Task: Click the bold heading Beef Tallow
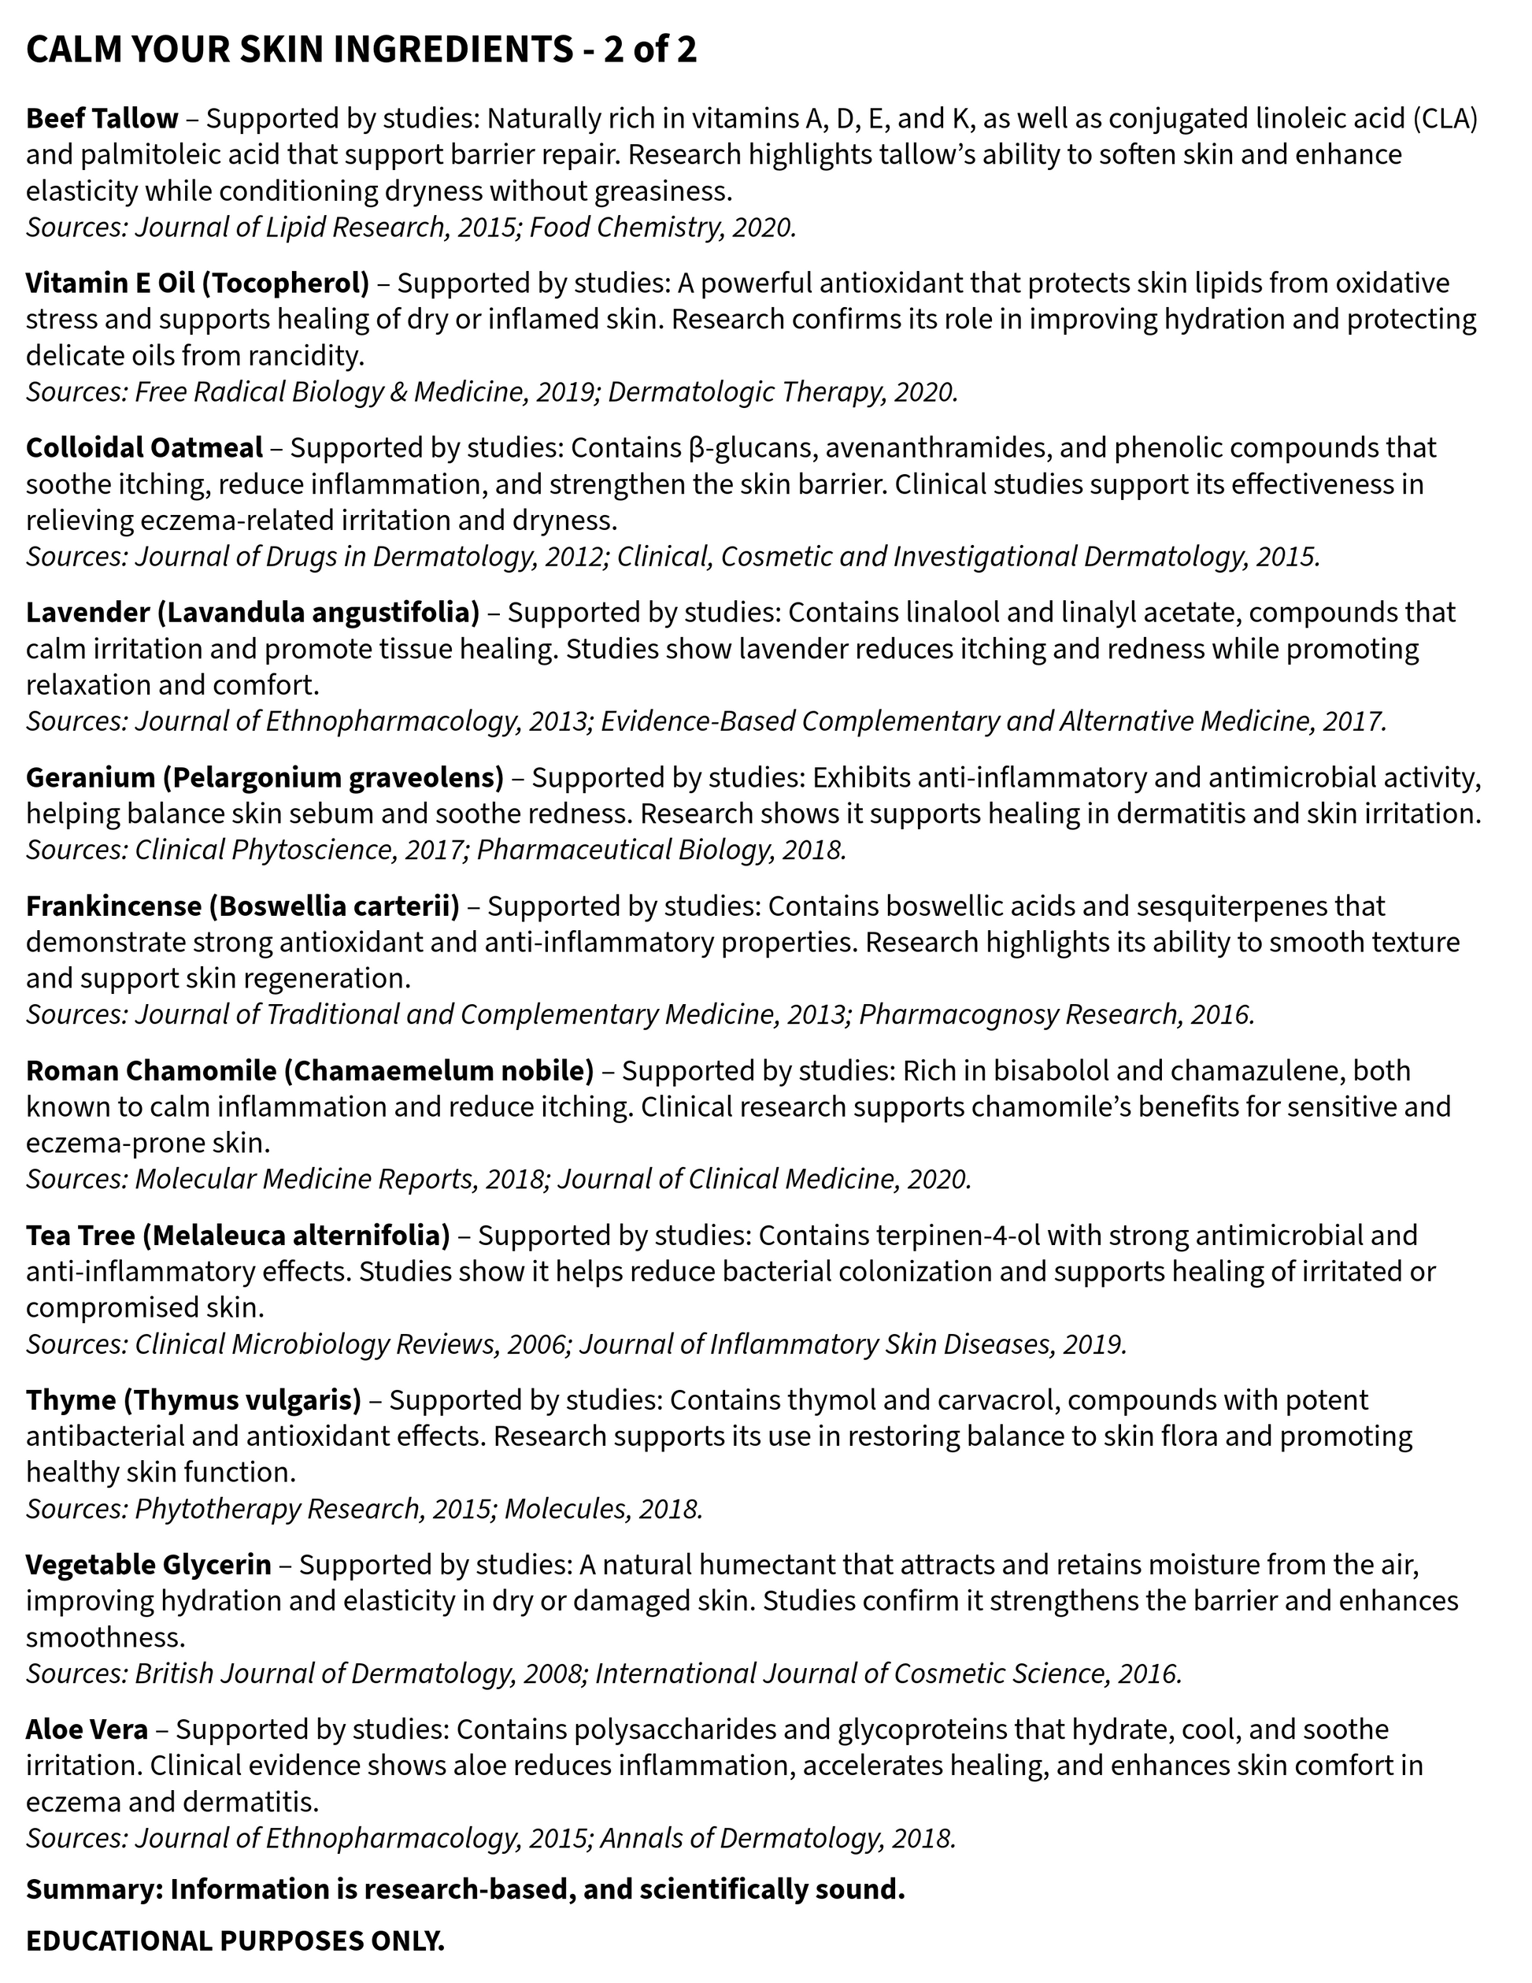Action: pos(102,119)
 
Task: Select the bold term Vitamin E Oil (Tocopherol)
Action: pos(197,284)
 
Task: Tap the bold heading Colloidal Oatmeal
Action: pos(143,447)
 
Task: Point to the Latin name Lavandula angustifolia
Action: pos(317,613)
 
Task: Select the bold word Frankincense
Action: pos(113,906)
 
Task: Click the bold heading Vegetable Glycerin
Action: pos(148,1564)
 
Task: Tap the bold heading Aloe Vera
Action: pos(87,1729)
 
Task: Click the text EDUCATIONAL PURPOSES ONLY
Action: pos(235,1941)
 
